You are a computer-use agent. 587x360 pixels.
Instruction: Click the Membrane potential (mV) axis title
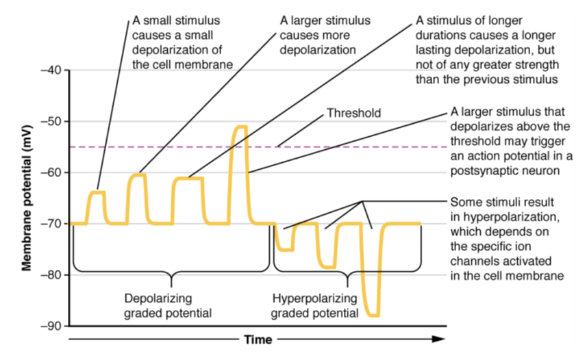[27, 198]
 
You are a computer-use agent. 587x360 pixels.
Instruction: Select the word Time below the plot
[258, 339]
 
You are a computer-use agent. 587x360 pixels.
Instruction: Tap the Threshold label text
[353, 112]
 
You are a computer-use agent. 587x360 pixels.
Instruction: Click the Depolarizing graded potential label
[168, 306]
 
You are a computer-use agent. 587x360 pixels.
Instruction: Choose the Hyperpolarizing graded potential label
[314, 306]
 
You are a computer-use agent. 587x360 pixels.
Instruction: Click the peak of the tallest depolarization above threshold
[240, 127]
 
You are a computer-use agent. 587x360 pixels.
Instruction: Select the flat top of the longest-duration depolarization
[189, 178]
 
